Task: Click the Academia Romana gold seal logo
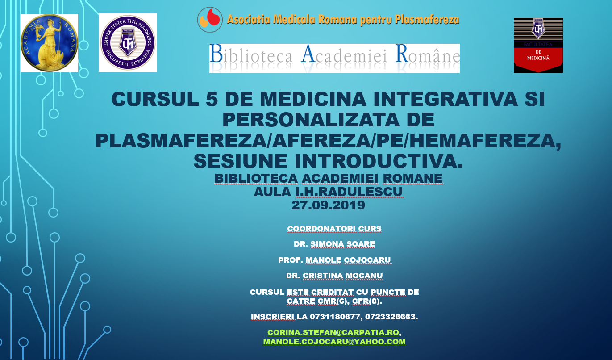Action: click(x=49, y=43)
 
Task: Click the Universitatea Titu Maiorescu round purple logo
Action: click(x=128, y=42)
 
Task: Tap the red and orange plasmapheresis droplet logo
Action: click(x=210, y=20)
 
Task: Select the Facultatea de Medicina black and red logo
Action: click(x=538, y=46)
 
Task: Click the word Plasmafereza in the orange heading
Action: click(x=427, y=20)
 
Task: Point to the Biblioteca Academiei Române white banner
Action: click(x=334, y=58)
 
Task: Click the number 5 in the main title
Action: click(x=212, y=99)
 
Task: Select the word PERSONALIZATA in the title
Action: click(x=311, y=120)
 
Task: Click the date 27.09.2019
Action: click(x=328, y=205)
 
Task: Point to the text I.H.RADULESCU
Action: click(x=349, y=192)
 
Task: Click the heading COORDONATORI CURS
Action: click(x=334, y=229)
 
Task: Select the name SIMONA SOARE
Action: click(x=343, y=244)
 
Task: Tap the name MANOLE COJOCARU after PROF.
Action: click(x=348, y=260)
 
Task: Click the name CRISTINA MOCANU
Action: click(x=343, y=276)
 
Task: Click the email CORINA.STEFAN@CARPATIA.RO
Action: click(x=333, y=332)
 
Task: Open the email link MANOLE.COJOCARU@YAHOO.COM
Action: click(x=334, y=342)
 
